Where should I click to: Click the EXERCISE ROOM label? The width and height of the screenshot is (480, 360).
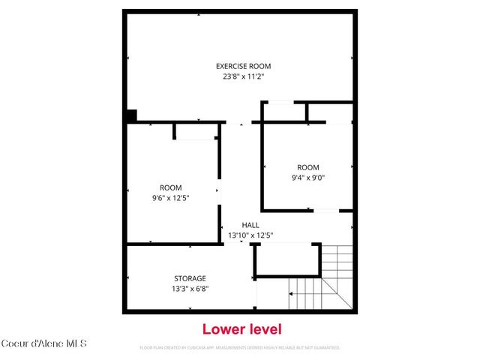click(244, 66)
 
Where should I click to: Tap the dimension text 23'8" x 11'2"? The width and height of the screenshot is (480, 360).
click(244, 76)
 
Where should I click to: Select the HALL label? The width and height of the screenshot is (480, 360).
click(250, 225)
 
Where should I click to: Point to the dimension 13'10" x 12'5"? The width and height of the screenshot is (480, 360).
click(250, 235)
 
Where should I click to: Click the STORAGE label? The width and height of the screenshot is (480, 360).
click(190, 278)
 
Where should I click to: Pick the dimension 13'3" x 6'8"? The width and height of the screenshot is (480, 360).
click(190, 288)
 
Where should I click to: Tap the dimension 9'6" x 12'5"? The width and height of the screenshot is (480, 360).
click(170, 197)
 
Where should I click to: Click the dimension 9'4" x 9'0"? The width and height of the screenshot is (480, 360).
click(307, 177)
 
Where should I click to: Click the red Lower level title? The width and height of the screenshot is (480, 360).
click(242, 328)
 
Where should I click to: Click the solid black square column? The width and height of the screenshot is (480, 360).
click(131, 116)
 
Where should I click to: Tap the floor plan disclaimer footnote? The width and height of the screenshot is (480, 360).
click(240, 348)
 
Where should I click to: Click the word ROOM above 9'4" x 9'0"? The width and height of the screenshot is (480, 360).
click(307, 167)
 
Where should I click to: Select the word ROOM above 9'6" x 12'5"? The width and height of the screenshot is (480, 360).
click(170, 187)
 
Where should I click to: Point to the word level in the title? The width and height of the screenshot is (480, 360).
click(265, 328)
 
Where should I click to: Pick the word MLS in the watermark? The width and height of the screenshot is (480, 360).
click(78, 344)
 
